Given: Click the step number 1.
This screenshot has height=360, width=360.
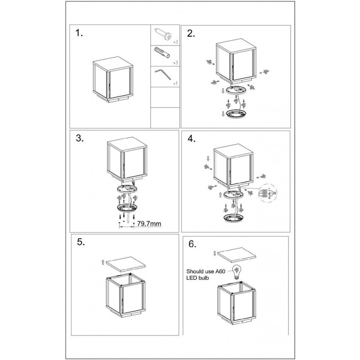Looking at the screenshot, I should pyautogui.click(x=80, y=34).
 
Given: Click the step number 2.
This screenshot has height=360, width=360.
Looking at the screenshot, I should pyautogui.click(x=191, y=34).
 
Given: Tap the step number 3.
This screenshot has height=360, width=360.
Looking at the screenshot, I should pyautogui.click(x=80, y=139).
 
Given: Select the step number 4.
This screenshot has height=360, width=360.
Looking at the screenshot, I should pyautogui.click(x=192, y=139).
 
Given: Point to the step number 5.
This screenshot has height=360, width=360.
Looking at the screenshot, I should pyautogui.click(x=81, y=242).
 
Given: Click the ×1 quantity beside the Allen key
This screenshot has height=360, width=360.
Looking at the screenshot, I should pyautogui.click(x=176, y=84).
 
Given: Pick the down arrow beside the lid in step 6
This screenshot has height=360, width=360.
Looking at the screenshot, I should pyautogui.click(x=214, y=253).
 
